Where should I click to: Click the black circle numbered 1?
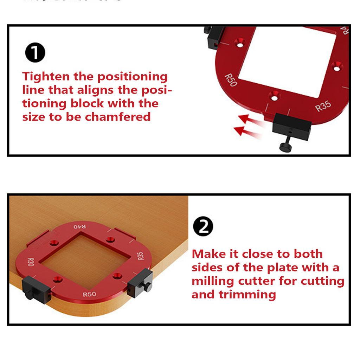(35, 53)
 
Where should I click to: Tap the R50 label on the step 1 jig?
(231, 80)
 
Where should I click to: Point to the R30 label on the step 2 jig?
(31, 262)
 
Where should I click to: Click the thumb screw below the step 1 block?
(285, 147)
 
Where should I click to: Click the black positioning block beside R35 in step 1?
(292, 127)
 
